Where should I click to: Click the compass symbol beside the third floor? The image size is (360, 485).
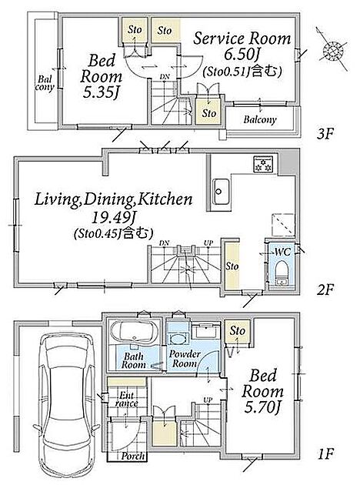click(x=333, y=49)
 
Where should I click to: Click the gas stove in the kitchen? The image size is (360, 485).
click(x=263, y=164)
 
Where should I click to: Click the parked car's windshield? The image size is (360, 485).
click(x=66, y=358)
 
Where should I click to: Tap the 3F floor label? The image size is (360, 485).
click(x=325, y=134)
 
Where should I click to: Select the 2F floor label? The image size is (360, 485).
click(x=325, y=289)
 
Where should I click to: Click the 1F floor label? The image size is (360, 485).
click(x=325, y=454)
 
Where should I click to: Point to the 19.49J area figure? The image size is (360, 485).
click(x=113, y=219)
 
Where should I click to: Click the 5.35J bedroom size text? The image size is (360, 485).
click(x=101, y=93)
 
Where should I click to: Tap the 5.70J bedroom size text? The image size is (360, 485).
click(x=262, y=408)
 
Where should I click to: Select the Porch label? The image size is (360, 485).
click(x=132, y=456)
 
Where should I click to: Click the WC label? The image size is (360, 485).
click(x=283, y=252)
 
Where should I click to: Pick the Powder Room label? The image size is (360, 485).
click(x=185, y=359)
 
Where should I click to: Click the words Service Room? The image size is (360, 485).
click(x=242, y=38)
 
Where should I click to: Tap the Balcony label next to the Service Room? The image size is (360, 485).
click(x=260, y=119)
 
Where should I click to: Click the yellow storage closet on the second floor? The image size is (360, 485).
click(x=232, y=266)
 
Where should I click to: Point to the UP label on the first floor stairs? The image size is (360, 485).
click(x=208, y=400)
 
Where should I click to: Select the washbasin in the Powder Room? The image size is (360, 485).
click(x=178, y=339)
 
